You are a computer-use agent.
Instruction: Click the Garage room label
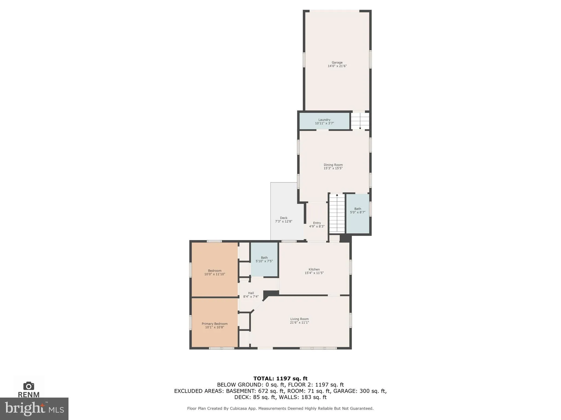337,63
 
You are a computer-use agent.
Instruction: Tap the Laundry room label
324,120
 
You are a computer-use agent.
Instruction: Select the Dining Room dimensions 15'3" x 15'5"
333,168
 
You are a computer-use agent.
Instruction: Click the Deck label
284,218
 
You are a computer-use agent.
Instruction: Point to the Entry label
317,223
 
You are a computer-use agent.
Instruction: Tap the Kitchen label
314,269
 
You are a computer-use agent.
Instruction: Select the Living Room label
299,319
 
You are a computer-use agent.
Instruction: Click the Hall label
251,293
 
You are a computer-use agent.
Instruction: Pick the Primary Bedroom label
214,324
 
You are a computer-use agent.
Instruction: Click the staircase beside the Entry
337,213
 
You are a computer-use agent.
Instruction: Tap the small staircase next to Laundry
360,121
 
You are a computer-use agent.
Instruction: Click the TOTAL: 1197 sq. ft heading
280,379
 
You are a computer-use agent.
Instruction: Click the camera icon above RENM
28,386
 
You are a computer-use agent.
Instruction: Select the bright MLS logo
34,409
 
